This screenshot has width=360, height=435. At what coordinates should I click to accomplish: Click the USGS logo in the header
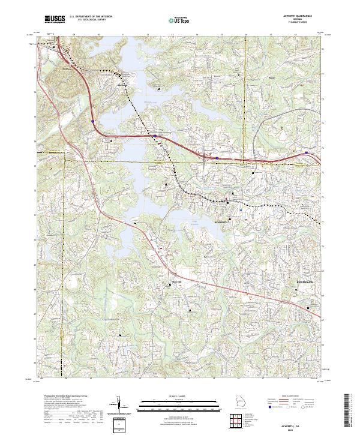(x=55, y=20)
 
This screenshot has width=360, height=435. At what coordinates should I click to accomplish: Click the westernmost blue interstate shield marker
(x=93, y=121)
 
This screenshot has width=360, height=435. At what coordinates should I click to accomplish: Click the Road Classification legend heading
(x=294, y=397)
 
